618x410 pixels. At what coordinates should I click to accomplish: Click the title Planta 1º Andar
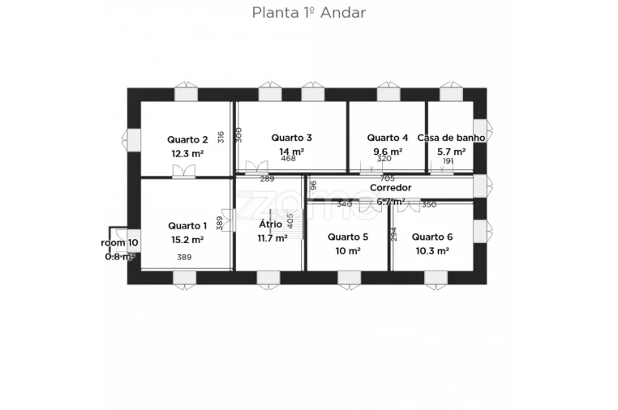pos(308,12)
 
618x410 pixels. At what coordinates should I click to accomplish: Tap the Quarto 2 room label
pos(187,139)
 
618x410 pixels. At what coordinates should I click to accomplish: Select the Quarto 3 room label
pos(291,138)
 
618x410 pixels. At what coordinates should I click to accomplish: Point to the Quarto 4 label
pos(387,138)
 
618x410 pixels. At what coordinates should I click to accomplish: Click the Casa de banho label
pos(451,138)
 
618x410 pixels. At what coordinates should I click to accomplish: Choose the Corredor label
pos(390,187)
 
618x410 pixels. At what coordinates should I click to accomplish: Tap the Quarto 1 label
pos(187,225)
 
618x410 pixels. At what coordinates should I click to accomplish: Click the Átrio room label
pos(270,224)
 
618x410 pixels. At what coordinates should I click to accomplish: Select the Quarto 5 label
pos(347,237)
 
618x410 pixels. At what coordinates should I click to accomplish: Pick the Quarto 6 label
pos(431,237)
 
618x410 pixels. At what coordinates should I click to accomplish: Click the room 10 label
pos(119,242)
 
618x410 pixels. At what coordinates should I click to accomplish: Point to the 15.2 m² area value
pos(187,240)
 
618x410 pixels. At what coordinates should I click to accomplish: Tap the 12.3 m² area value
pos(187,152)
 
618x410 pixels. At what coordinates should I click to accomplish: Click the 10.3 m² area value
pos(431,251)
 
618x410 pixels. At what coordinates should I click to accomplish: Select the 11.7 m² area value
pos(272,238)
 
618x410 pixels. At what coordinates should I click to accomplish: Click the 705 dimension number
pos(387,178)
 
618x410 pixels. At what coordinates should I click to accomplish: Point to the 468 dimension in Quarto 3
pos(289,159)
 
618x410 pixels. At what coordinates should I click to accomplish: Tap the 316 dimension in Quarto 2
pos(221,138)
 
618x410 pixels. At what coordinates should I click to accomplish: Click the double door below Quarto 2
pos(184,171)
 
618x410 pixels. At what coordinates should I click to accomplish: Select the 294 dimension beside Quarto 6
pos(393,233)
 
